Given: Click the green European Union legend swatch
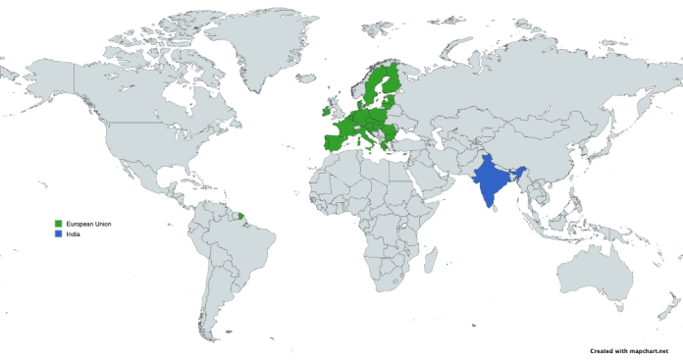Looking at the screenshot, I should coord(59,225).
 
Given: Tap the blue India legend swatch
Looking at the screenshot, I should coord(59,234).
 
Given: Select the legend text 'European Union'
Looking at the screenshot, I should coord(89,225).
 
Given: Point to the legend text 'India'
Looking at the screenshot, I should coord(73,234).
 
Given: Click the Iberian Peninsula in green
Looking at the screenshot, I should coord(331,140).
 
